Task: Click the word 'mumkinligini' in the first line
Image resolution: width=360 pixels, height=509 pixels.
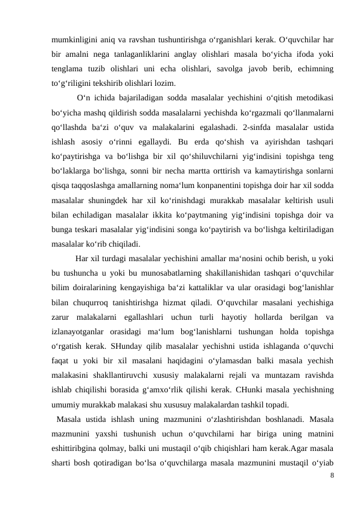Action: pos(72,42)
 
